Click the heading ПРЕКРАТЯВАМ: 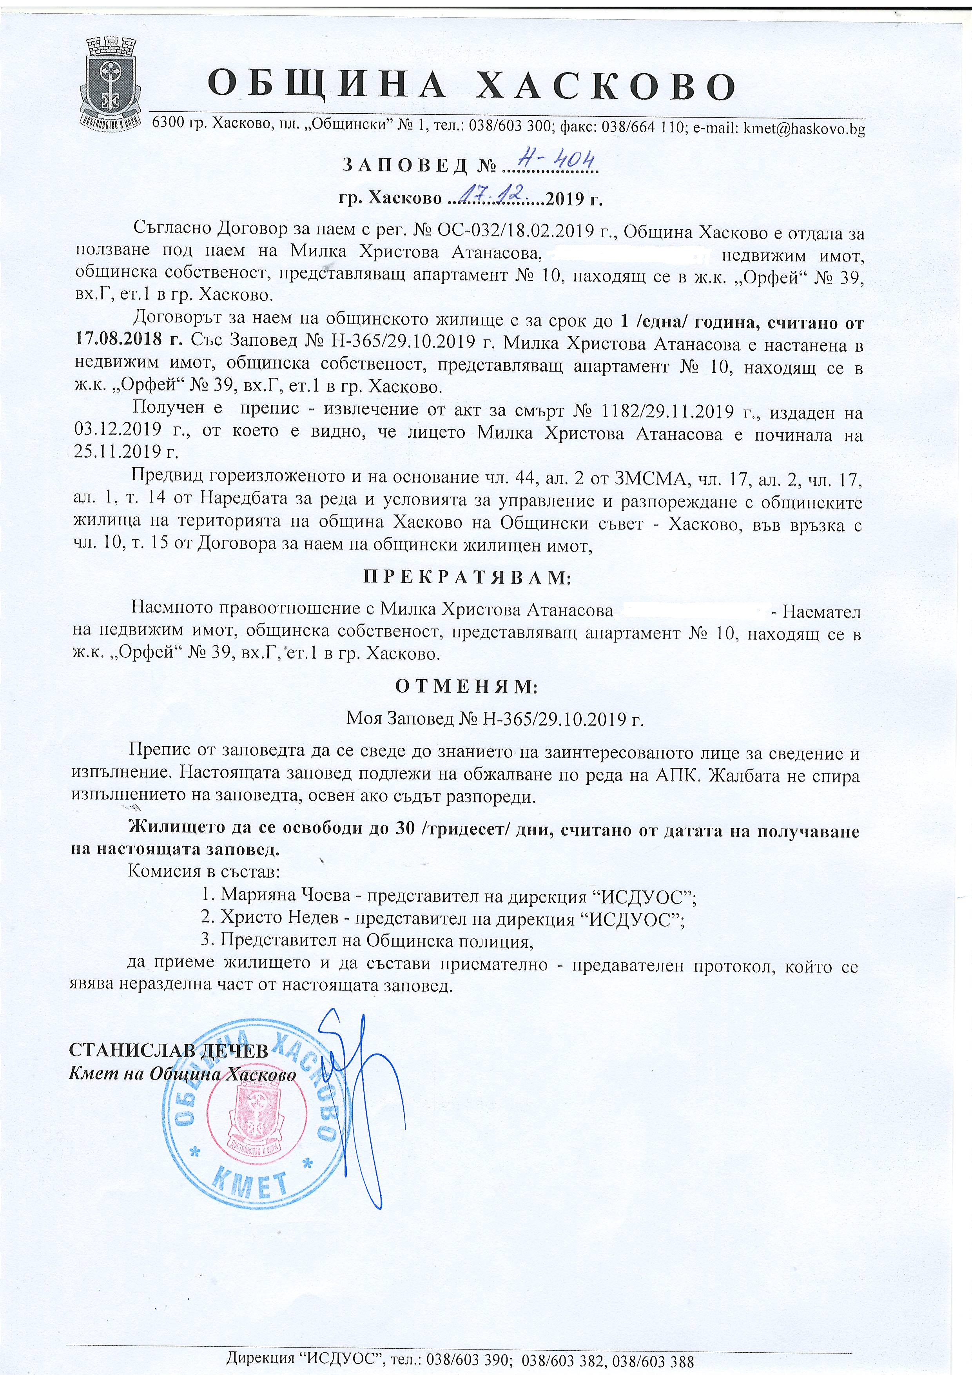tap(468, 577)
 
